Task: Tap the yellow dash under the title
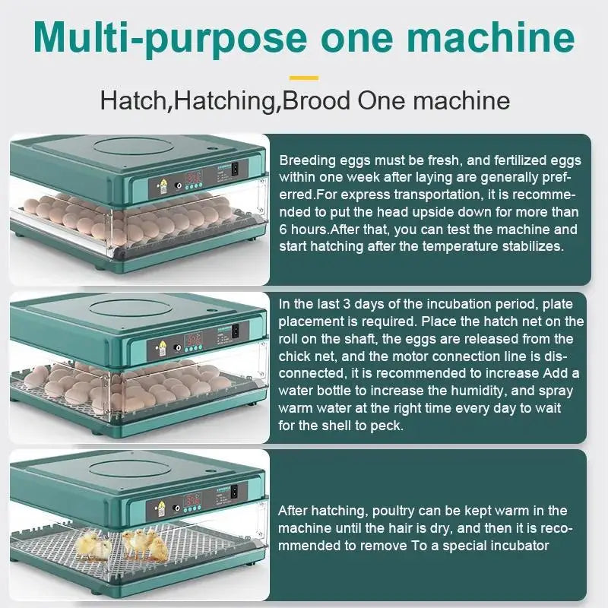pyautogui.click(x=304, y=77)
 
